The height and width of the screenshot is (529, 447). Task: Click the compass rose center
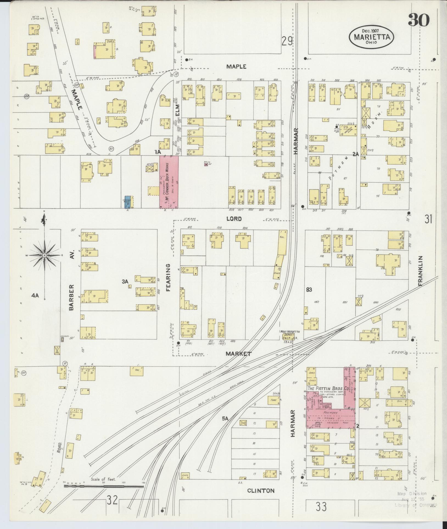[44, 255]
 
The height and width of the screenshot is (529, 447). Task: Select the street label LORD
[234, 219]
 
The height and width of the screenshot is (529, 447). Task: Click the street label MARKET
[238, 354]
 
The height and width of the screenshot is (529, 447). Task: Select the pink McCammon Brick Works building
[169, 182]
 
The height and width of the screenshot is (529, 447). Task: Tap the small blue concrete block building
[128, 202]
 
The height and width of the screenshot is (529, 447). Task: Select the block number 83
[309, 289]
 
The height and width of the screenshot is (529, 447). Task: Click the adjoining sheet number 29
[287, 42]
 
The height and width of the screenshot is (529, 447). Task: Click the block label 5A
[225, 426]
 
